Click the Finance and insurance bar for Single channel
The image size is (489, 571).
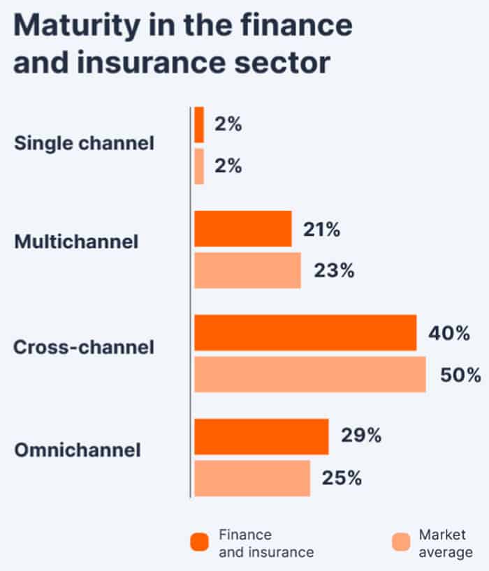(199, 125)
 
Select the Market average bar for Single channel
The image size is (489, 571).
(199, 166)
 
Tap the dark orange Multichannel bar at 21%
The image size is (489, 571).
(242, 228)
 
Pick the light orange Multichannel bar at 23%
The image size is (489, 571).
(247, 270)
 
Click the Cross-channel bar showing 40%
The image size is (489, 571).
(305, 332)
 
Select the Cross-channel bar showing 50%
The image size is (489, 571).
(310, 374)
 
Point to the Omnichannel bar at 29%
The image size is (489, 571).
(261, 436)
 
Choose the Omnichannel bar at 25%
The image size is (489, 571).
(252, 478)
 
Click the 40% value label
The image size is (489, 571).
(448, 333)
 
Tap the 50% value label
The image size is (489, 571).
(460, 375)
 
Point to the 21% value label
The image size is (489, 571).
(322, 229)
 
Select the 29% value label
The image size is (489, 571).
(361, 436)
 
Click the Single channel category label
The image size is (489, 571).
(84, 144)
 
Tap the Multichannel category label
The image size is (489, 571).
(76, 242)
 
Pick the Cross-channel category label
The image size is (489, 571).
(84, 347)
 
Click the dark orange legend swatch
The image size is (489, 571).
(199, 542)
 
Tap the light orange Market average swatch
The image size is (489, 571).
(401, 542)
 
